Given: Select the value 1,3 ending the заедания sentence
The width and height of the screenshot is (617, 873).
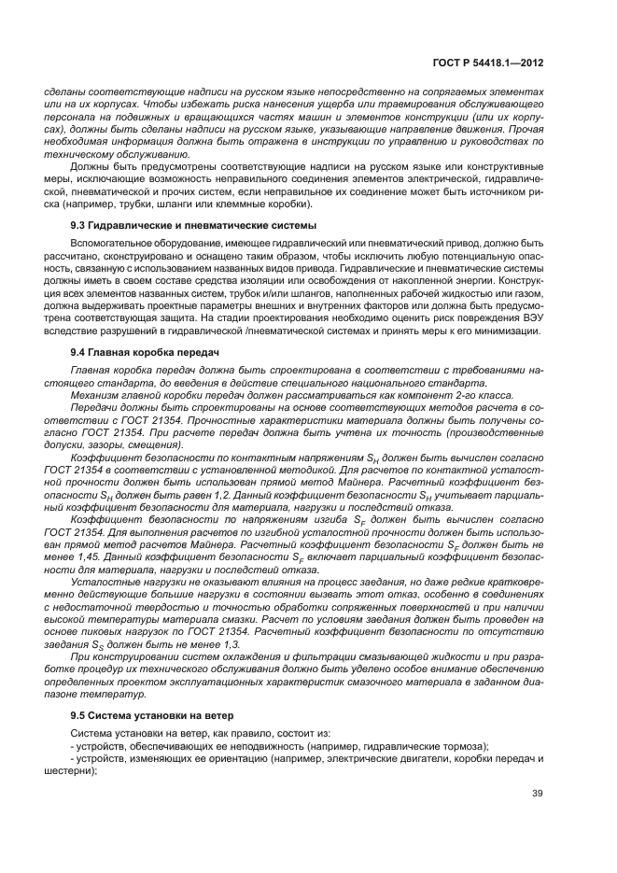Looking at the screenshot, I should point(230,644).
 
